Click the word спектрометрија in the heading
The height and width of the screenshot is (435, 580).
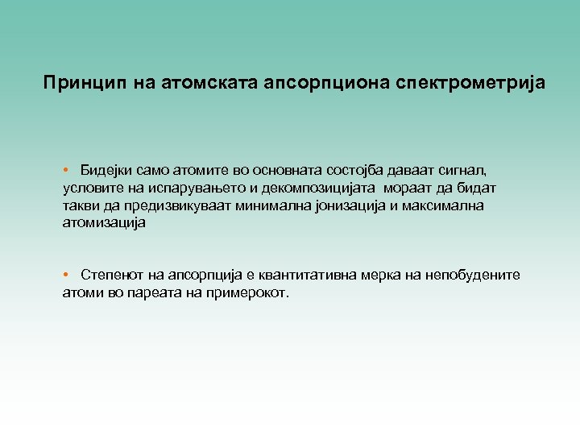pyautogui.click(x=470, y=83)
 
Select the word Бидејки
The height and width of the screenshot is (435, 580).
pyautogui.click(x=106, y=171)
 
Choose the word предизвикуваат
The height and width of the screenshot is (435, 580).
pyautogui.click(x=167, y=206)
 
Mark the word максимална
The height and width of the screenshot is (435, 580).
pyautogui.click(x=440, y=206)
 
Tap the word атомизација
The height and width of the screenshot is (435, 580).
pyautogui.click(x=104, y=223)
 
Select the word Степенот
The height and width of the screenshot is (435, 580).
pyautogui.click(x=110, y=275)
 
